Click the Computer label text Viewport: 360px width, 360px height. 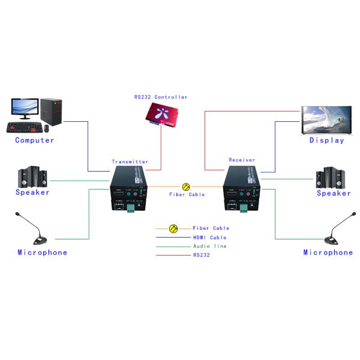34,140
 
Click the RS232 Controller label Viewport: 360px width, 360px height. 160,97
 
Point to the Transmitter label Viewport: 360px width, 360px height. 130,162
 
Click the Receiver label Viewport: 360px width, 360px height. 242,160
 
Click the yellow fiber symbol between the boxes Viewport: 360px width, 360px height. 186,187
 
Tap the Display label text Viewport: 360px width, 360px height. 326,140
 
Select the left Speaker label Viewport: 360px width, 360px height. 32,193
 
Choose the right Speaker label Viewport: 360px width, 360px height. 334,193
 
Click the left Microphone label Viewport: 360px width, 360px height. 42,253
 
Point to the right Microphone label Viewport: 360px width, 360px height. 328,253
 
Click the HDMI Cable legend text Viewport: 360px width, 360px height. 209,238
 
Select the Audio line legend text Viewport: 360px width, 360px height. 209,247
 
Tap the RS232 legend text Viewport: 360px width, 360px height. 202,256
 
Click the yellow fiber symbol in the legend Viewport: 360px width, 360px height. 173,229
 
